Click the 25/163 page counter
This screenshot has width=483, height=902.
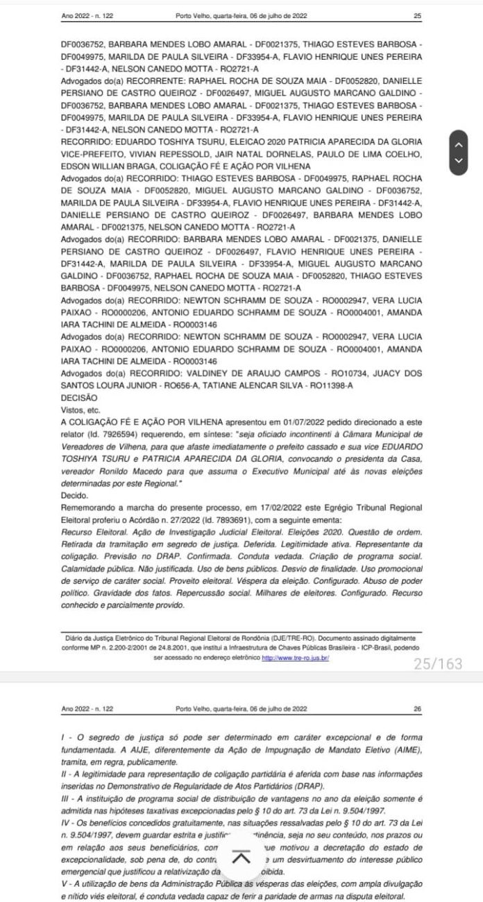point(437,664)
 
